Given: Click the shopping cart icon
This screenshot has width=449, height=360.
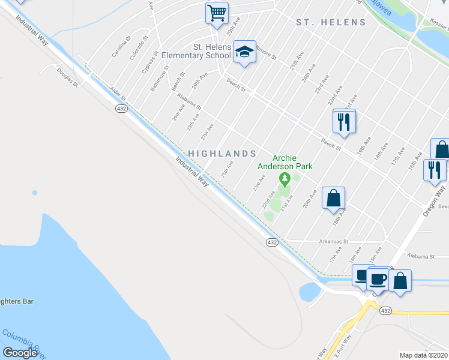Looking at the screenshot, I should [x=216, y=11].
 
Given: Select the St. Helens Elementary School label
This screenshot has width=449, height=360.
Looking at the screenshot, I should [x=211, y=51].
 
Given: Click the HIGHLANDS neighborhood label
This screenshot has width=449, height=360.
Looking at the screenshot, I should [x=222, y=154].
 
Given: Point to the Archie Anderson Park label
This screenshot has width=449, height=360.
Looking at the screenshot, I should [x=285, y=162].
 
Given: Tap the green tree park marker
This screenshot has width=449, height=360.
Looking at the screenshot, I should [x=285, y=178].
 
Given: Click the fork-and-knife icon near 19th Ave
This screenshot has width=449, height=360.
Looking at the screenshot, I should [x=344, y=122].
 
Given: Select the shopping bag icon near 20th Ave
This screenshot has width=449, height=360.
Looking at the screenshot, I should [x=333, y=197].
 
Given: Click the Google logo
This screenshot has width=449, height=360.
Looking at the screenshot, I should [x=20, y=353].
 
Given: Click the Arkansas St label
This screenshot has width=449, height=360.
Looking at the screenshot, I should [x=334, y=241].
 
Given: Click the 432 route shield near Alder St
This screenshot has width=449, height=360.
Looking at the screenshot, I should [x=121, y=108].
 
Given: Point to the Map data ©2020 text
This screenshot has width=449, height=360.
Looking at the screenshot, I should [x=423, y=355].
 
